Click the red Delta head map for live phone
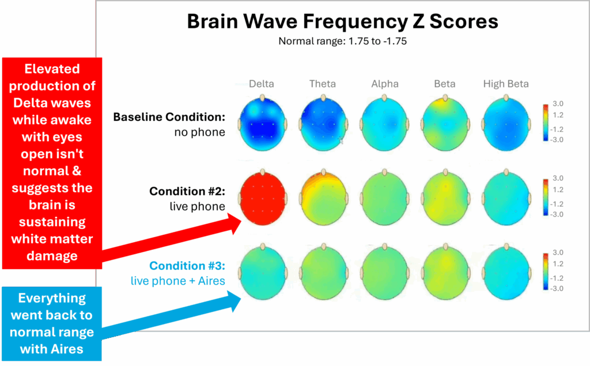263,198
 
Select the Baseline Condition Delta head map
263,124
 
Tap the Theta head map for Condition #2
324,198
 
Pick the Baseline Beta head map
445,124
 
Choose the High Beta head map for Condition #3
506,272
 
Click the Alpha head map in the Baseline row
384,124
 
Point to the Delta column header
262,84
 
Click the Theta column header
323,84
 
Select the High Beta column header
506,84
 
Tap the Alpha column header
385,84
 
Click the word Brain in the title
213,21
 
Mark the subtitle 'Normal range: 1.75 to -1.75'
342,41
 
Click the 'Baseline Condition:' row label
169,117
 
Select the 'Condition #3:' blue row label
187,266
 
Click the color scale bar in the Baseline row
546,122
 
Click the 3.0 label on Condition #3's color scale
558,253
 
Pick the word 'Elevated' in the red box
52,68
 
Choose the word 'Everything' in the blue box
52,298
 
